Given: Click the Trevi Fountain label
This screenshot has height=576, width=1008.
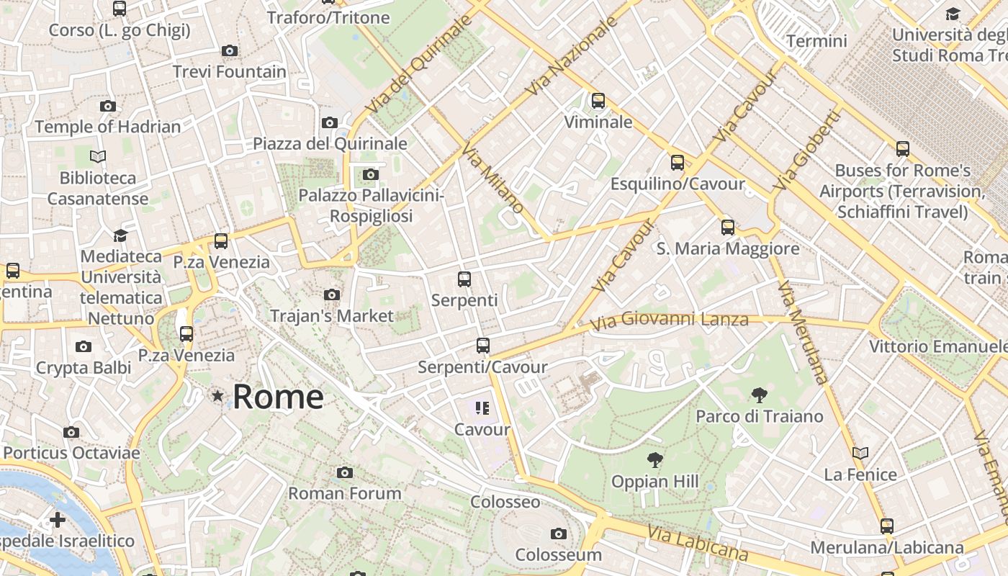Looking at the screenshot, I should point(230,72).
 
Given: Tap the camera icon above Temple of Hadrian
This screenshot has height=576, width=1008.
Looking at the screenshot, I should point(108,107).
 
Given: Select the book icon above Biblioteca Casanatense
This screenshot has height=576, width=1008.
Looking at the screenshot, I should point(98,156).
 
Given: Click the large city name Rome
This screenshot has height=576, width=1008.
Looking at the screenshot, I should point(278,397).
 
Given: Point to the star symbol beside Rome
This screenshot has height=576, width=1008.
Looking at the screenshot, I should point(217,395).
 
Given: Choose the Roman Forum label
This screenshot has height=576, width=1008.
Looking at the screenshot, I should point(345,494).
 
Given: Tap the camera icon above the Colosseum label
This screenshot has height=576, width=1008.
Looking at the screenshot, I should point(558,534).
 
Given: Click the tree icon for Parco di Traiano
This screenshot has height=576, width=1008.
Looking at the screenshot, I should point(759,395).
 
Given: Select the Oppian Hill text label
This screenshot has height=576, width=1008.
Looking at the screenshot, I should point(654,482).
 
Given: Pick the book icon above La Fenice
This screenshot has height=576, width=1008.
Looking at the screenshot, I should point(860,453).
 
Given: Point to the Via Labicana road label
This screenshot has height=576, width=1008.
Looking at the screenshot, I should point(697,543).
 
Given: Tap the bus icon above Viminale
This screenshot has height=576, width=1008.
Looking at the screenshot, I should point(598,101).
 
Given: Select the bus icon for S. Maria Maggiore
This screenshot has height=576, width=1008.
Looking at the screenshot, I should point(728,228).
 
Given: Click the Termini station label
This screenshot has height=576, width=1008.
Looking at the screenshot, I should point(816,41).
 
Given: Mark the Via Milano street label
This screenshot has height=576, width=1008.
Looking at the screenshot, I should point(493,177).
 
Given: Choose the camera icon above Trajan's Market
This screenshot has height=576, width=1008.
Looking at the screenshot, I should point(332,294).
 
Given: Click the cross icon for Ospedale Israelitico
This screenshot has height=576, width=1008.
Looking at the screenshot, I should point(58,520).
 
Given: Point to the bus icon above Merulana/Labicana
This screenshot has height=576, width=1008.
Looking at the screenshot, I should point(887,526).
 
